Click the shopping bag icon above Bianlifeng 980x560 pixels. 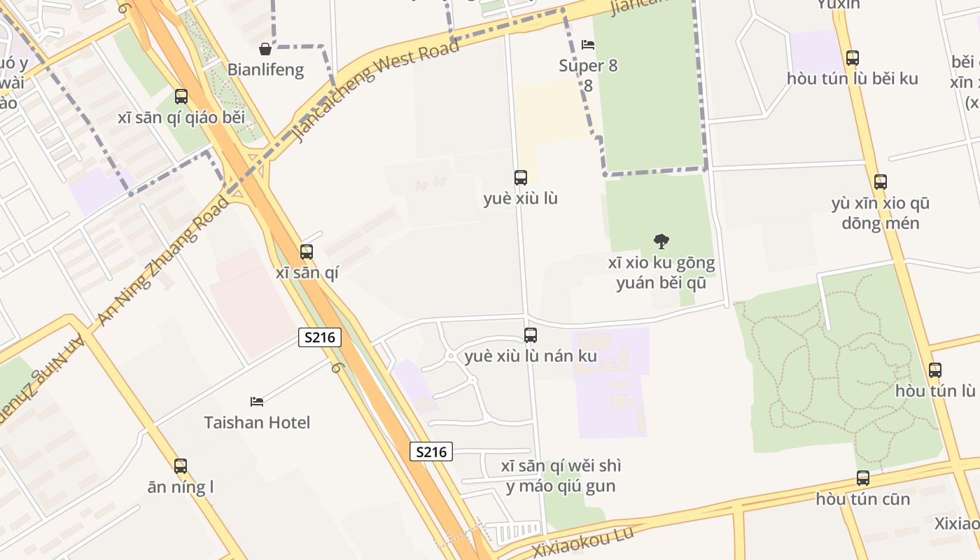coord(265,49)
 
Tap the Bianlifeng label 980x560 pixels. coord(265,69)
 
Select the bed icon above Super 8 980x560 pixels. coord(588,45)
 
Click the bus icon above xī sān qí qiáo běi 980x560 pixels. coord(181,97)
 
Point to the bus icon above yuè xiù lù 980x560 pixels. coord(520,178)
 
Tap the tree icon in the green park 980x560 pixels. coord(661,242)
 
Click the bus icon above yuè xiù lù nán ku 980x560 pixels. coord(531,335)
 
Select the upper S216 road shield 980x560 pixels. coord(320,337)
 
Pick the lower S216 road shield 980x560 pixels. coord(431,451)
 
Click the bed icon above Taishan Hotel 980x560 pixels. coord(257,402)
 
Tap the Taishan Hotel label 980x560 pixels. coord(257,422)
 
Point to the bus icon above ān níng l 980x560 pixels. coord(181,466)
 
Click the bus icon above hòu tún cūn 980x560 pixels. coord(863,478)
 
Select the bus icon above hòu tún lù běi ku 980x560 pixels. coord(852,58)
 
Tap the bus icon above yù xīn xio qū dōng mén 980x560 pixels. coord(880,182)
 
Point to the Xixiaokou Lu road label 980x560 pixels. coord(582,542)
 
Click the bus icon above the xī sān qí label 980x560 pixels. coord(307,252)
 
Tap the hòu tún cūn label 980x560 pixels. coord(863,499)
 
